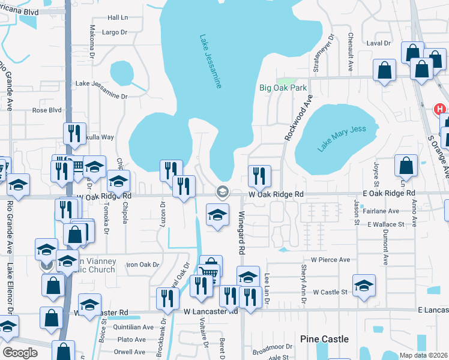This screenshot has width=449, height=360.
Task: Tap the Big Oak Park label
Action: (x=283, y=88)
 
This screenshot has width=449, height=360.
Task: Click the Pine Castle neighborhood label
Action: (x=324, y=339)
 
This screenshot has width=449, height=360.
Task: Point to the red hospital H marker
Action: (x=440, y=109)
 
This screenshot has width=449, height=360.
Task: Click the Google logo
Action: (x=20, y=353)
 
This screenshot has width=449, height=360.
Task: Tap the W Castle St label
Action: (x=328, y=292)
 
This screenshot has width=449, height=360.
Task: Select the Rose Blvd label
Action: (x=47, y=110)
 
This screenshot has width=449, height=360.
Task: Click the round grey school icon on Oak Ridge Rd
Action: (x=221, y=191)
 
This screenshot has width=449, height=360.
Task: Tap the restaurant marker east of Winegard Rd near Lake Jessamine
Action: (x=259, y=176)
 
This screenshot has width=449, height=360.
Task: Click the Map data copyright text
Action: (x=424, y=355)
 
